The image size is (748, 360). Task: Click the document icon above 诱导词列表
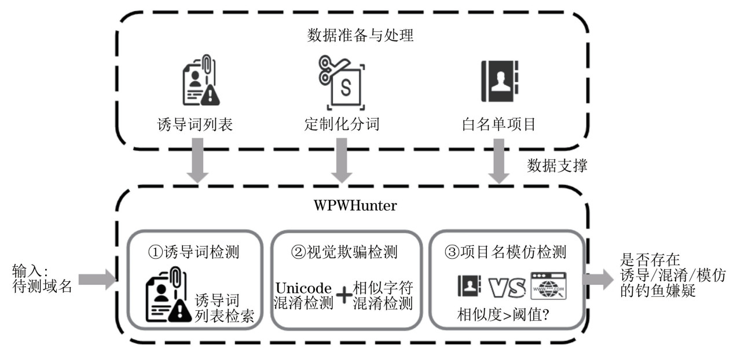coord(200,81)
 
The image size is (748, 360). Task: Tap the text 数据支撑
coord(558,166)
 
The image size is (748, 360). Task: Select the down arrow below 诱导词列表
coord(198,164)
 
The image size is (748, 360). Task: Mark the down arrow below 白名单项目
coord(498,164)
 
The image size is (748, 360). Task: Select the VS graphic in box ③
coord(507,286)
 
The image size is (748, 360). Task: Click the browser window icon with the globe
coord(548,286)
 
